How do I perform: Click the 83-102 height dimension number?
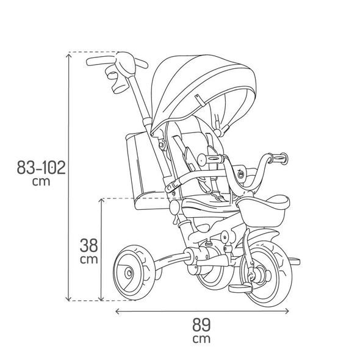(x=41, y=167)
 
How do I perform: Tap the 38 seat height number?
(x=89, y=245)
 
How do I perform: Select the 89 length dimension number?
(x=201, y=325)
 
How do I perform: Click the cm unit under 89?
(x=201, y=339)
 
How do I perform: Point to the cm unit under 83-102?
(x=41, y=181)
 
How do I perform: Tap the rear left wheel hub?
(x=129, y=273)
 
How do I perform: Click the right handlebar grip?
(x=278, y=158)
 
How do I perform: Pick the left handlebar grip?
(x=211, y=159)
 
